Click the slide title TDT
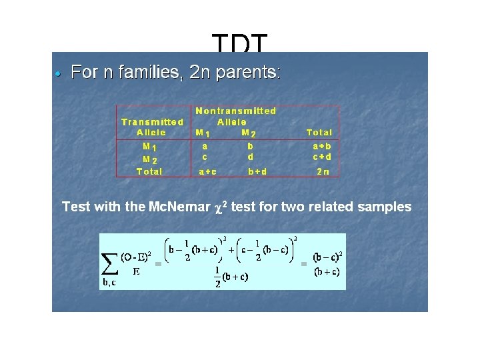240,44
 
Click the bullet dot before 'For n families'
59,73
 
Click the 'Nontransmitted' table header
235,111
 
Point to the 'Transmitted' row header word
152,122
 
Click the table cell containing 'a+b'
322,145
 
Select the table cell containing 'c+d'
322,157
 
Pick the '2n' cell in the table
322,171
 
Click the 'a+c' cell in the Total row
207,171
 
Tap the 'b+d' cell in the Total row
258,171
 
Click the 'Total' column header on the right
319,133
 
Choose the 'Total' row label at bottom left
149,171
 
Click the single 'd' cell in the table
250,157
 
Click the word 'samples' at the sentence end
384,207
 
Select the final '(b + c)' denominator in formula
327,271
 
